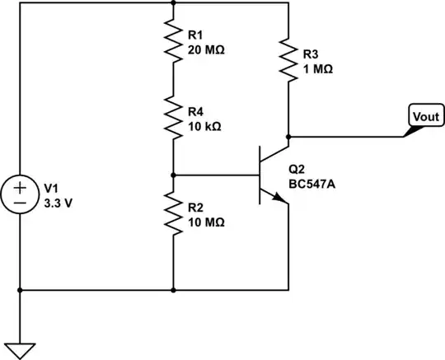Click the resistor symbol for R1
[173, 42]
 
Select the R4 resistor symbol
[173, 119]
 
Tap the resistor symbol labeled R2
[173, 213]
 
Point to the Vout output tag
[424, 117]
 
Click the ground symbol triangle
[19, 348]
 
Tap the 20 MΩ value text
[207, 49]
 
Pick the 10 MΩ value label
[207, 222]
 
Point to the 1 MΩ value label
[318, 70]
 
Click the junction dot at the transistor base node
[173, 175]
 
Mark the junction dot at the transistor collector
[288, 136]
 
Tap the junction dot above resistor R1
[173, 2]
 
